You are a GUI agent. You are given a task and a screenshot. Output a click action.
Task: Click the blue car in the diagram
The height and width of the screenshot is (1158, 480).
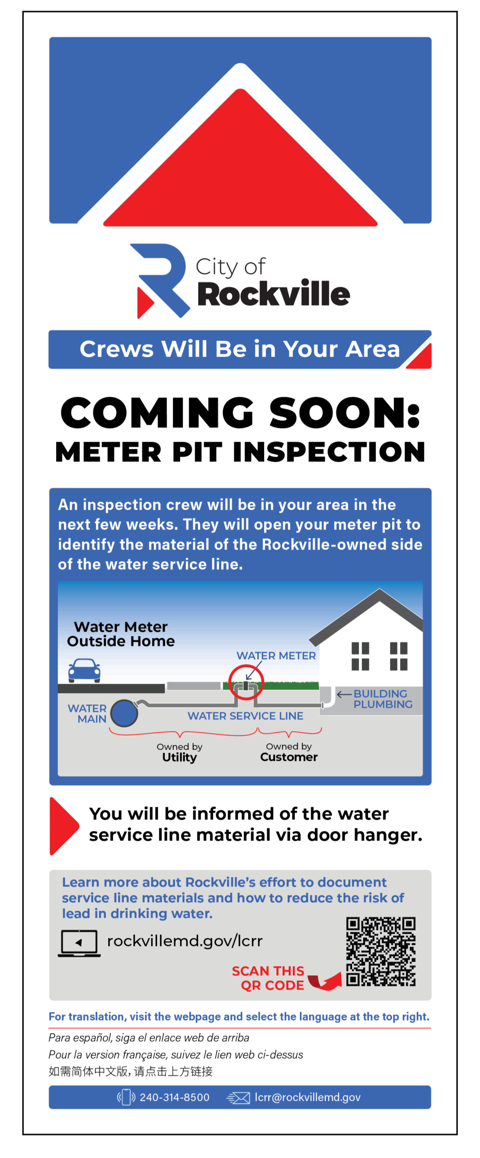(84, 670)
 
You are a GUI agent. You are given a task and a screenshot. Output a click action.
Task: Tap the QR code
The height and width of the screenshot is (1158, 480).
(380, 951)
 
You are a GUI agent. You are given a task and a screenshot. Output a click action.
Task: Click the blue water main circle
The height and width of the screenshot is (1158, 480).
(124, 713)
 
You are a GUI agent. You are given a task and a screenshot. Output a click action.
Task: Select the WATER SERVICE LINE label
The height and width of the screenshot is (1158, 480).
(245, 716)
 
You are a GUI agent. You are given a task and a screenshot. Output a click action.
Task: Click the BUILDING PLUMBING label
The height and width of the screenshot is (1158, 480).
(383, 699)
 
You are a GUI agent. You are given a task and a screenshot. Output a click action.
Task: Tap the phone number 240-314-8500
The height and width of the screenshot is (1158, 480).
(175, 1097)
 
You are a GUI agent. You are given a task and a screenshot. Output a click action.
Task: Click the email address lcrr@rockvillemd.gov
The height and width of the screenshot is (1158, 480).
(308, 1097)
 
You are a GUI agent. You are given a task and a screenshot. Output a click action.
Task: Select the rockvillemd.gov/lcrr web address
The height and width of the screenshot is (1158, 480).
(185, 941)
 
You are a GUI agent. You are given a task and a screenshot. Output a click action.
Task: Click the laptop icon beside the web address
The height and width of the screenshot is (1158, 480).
(79, 943)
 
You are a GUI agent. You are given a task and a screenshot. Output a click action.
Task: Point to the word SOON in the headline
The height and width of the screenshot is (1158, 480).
(345, 413)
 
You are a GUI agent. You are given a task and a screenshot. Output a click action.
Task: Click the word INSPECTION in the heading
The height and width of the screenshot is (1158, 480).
(329, 452)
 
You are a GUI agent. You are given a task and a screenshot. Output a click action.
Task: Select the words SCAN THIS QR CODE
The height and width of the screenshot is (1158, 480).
(268, 978)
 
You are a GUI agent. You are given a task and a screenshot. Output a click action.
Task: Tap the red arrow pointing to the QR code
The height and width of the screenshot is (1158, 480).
(325, 981)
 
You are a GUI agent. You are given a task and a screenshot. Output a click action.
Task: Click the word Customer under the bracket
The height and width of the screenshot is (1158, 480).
(289, 757)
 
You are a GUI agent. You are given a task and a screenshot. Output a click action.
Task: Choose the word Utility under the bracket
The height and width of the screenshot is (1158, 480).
(180, 758)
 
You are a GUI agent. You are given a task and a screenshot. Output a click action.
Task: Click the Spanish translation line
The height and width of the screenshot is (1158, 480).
(149, 1038)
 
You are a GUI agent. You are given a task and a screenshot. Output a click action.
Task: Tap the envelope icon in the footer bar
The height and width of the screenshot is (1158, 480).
(238, 1098)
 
